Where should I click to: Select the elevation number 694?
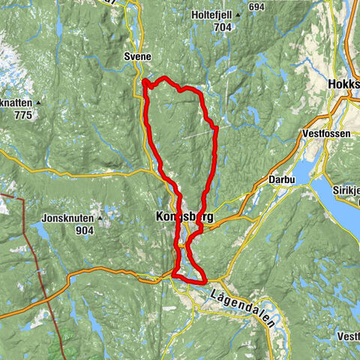coord(257,7)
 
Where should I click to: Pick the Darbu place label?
coord(280,181)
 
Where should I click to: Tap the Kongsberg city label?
coord(182,217)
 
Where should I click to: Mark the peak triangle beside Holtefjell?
coord(237,13)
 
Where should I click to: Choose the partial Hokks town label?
coord(343,85)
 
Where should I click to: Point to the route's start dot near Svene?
coord(143,81)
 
